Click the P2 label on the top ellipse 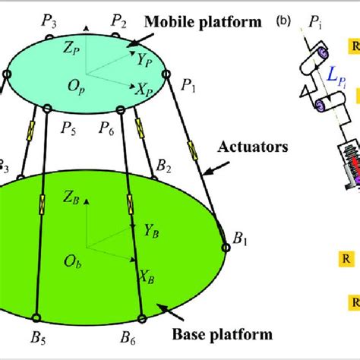tap(118, 19)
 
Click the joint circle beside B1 tap(226, 245)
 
